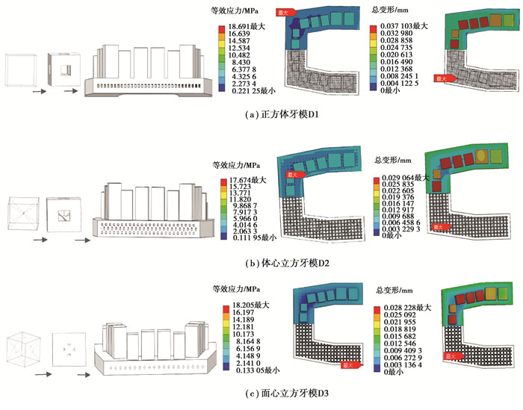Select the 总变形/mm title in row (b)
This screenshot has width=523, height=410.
(x=391, y=160)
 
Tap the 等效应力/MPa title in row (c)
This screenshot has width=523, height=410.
(x=238, y=290)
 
